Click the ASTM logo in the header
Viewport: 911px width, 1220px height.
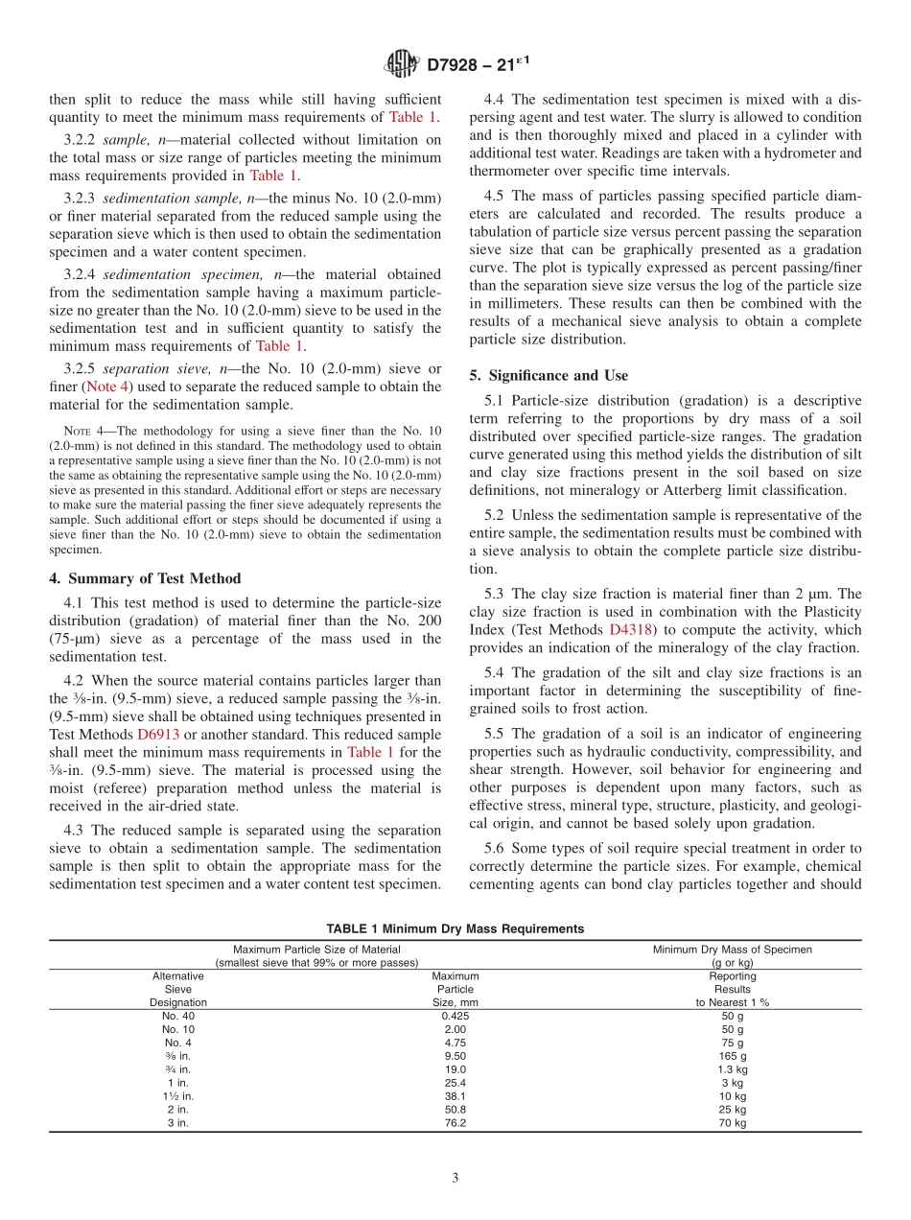pyautogui.click(x=401, y=64)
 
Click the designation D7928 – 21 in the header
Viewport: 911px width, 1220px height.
pyautogui.click(x=476, y=64)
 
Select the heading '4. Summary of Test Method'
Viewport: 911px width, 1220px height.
pyautogui.click(x=145, y=578)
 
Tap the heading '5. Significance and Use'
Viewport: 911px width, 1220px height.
pyautogui.click(x=549, y=375)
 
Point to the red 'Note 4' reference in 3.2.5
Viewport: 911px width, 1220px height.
pyautogui.click(x=105, y=387)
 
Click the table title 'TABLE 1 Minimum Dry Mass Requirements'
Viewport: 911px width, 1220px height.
pyautogui.click(x=455, y=928)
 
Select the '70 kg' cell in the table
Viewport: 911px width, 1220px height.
pyautogui.click(x=732, y=1123)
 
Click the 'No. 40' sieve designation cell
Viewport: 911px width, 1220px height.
pyautogui.click(x=177, y=1016)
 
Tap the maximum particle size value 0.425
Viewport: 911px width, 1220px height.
pyautogui.click(x=455, y=1016)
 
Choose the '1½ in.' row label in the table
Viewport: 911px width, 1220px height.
pyautogui.click(x=177, y=1096)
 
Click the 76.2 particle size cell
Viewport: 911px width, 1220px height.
pyautogui.click(x=455, y=1123)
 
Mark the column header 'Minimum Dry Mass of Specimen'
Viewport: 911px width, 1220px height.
pyautogui.click(x=732, y=949)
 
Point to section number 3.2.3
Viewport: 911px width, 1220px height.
pyautogui.click(x=80, y=198)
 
